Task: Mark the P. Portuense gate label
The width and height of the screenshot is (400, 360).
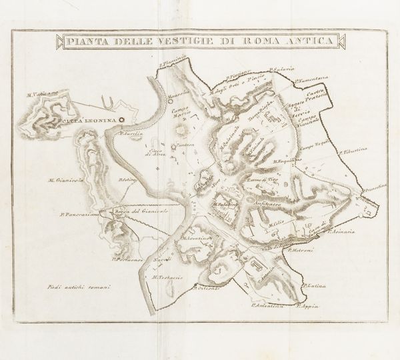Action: (x=128, y=259)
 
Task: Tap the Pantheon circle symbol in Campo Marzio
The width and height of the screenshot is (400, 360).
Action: (x=175, y=146)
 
